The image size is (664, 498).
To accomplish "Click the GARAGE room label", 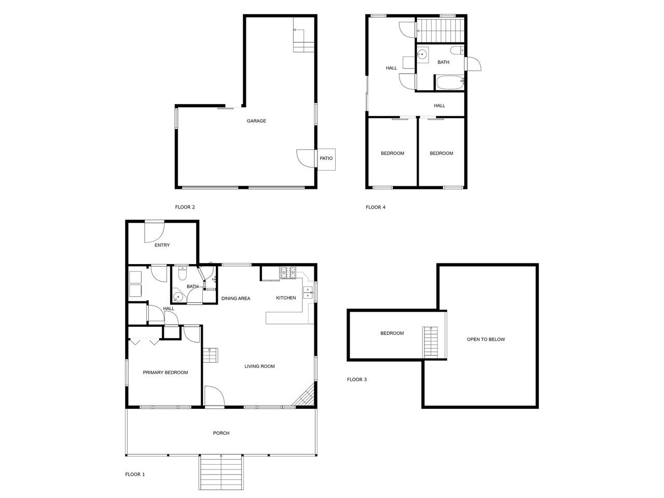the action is click(256, 121).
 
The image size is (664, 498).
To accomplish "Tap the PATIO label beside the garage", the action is click(326, 158).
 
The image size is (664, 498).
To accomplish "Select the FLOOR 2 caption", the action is click(185, 207).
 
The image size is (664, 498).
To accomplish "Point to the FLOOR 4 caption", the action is click(376, 207).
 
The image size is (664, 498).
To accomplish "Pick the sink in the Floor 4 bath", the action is click(422, 55).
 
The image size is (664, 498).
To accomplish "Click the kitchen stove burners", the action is click(288, 272).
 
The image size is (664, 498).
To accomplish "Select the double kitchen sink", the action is click(308, 293).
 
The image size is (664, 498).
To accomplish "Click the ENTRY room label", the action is click(162, 245).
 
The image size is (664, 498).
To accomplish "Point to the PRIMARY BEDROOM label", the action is click(165, 372).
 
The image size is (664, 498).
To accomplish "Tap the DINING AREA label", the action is click(236, 298).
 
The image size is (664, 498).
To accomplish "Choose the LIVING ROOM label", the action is click(259, 366).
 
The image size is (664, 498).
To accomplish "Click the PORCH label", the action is click(221, 433).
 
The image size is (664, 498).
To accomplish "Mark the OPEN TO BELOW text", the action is click(486, 339).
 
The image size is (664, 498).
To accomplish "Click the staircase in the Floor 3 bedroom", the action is click(431, 342).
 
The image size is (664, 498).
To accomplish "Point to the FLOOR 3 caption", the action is click(357, 380).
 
